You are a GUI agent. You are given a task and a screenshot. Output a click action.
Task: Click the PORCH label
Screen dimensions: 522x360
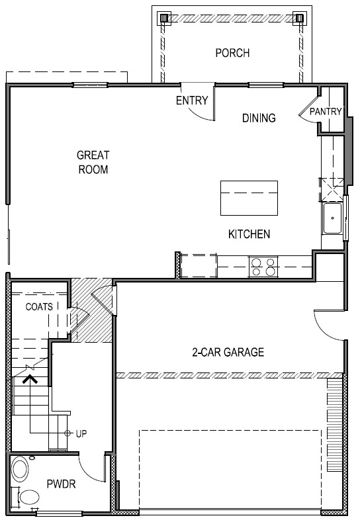click(x=232, y=53)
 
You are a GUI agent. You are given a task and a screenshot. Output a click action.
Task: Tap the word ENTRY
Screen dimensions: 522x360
click(x=192, y=101)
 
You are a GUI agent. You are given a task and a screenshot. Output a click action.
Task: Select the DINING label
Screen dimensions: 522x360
click(x=258, y=118)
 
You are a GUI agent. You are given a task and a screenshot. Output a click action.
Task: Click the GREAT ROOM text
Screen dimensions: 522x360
click(x=93, y=162)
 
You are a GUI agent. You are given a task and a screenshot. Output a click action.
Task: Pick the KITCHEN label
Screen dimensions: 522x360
click(x=249, y=234)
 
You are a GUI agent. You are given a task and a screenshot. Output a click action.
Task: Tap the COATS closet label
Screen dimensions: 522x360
click(x=40, y=307)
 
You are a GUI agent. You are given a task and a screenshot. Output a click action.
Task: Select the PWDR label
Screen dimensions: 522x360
click(x=62, y=484)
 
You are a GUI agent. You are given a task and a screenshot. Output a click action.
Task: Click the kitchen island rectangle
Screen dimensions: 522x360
click(x=249, y=197)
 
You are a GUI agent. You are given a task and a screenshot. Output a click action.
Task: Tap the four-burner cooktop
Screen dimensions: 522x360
click(x=263, y=267)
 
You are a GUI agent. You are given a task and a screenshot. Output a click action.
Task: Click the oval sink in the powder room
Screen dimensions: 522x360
click(x=21, y=471)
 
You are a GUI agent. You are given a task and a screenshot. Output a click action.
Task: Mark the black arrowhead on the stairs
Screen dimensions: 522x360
click(x=28, y=380)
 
